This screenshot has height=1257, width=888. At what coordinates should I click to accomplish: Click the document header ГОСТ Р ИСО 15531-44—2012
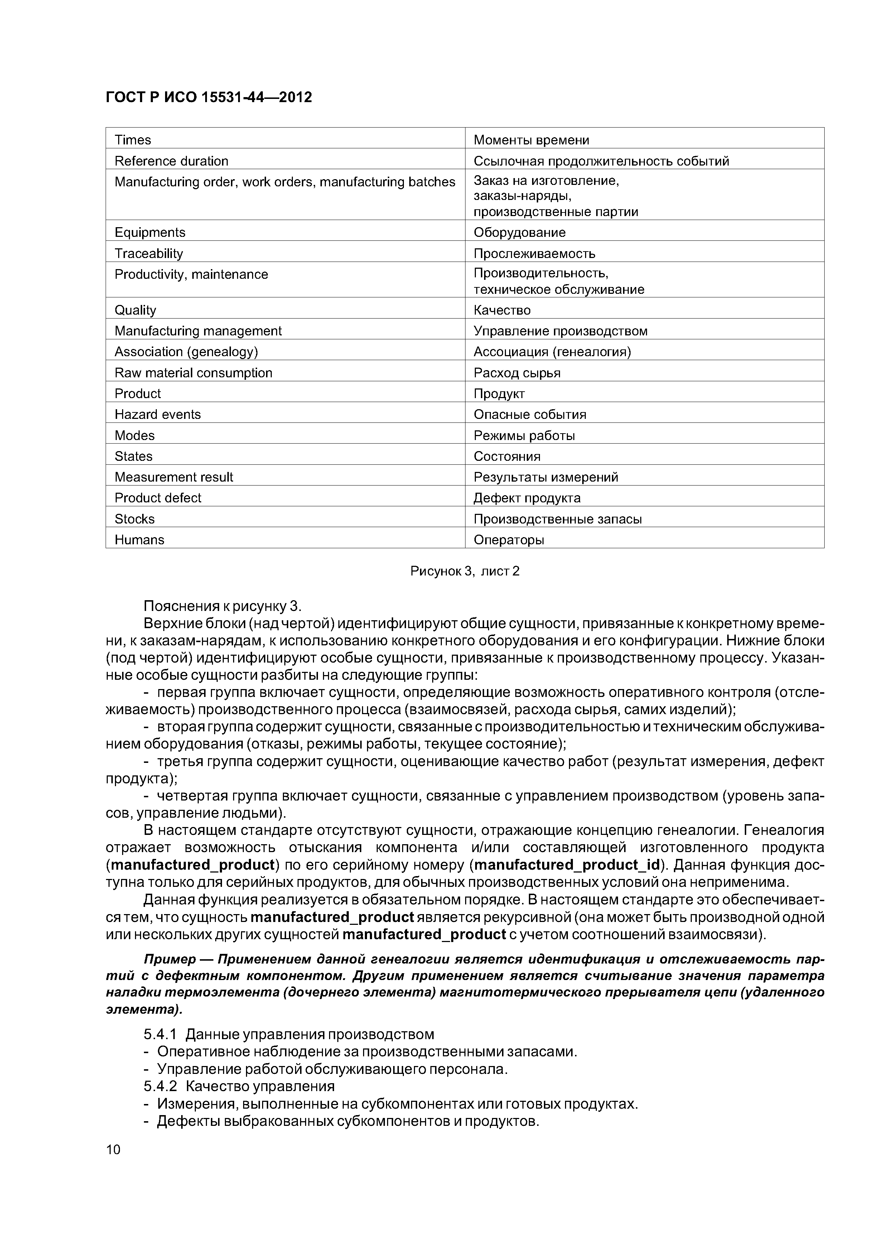point(208,97)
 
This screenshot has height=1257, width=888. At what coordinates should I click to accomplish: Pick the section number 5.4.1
point(160,1034)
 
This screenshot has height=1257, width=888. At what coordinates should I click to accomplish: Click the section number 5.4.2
point(160,1086)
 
